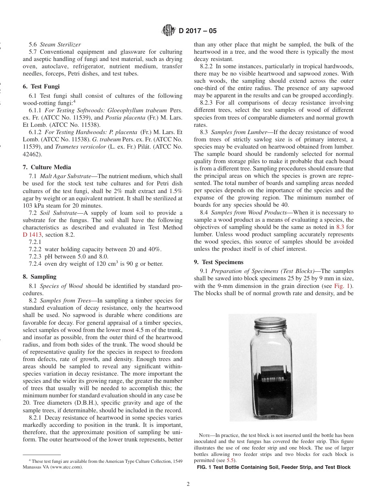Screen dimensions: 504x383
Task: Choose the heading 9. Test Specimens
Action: click(219, 262)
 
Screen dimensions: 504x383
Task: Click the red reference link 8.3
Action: click(340, 227)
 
